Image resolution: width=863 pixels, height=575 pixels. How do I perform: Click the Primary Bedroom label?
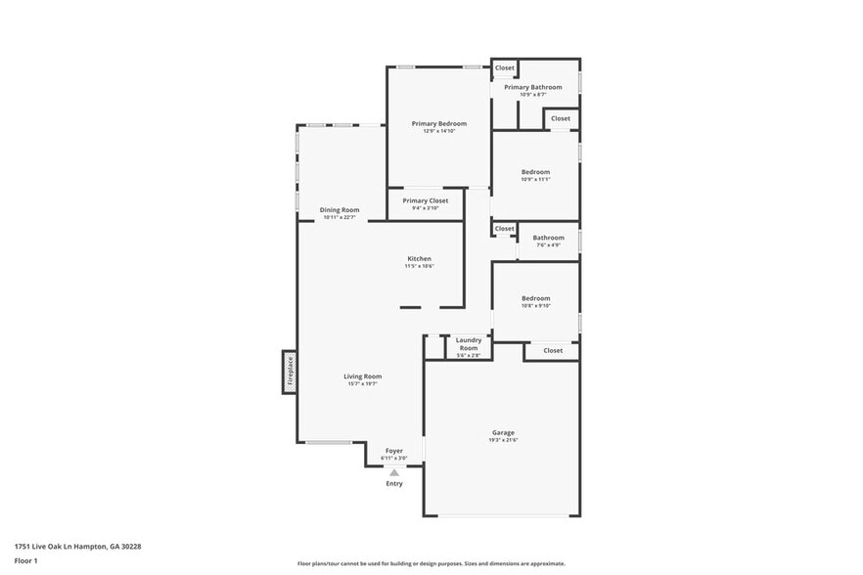point(438,124)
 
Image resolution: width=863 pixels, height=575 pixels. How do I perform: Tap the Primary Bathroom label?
point(533,87)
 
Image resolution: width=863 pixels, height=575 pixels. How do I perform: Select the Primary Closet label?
point(426,200)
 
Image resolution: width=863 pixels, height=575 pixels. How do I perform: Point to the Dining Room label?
point(340,210)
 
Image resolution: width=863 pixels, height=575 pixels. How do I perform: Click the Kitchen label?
point(420,259)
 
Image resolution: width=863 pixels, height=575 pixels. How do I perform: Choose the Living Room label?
point(362,376)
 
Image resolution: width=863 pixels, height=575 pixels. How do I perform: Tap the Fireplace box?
point(290,372)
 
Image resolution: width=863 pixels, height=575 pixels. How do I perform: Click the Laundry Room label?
point(469,344)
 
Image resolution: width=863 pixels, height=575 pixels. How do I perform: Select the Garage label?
point(503,432)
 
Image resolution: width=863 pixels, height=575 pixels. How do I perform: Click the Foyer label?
point(393,451)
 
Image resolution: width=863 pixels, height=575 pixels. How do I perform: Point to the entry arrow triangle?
point(394,472)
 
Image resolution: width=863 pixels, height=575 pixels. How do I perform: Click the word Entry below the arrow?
point(394,484)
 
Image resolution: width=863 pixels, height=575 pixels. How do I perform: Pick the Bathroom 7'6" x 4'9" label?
point(548,238)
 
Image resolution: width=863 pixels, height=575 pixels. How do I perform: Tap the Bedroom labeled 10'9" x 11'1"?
point(535,172)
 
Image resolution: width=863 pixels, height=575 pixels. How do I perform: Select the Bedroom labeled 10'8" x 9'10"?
point(535,298)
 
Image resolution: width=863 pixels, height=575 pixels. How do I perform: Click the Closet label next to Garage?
point(553,350)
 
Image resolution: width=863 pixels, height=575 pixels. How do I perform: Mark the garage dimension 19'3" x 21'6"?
point(503,440)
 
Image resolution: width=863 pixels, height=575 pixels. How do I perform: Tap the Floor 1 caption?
point(26,560)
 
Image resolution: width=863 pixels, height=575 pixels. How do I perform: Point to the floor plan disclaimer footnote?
point(431,564)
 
